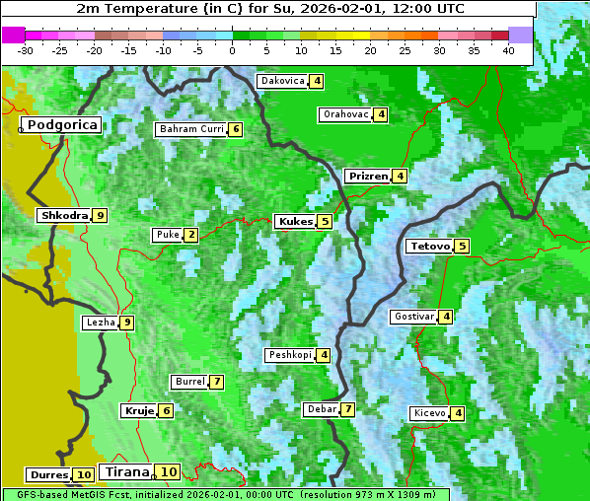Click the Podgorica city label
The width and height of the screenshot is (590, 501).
[61, 125]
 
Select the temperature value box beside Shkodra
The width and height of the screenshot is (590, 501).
[100, 215]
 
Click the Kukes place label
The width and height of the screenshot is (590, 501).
[295, 222]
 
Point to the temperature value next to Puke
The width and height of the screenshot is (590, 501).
[190, 235]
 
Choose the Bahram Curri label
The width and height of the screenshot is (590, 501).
[191, 129]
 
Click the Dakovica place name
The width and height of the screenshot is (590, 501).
[282, 81]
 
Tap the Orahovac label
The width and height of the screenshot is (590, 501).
[345, 114]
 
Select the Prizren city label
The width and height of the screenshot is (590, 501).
[368, 177]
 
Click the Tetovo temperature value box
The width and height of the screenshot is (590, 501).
[462, 246]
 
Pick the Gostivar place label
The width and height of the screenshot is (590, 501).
[413, 317]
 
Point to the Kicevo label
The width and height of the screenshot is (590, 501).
[429, 413]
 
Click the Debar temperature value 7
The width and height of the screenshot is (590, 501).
[347, 409]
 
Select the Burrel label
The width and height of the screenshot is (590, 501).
[188, 382]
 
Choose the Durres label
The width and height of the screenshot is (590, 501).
[48, 475]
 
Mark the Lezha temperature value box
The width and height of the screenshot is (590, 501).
[126, 322]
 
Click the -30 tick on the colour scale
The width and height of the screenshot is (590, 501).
[26, 50]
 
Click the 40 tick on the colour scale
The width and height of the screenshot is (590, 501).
[508, 50]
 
